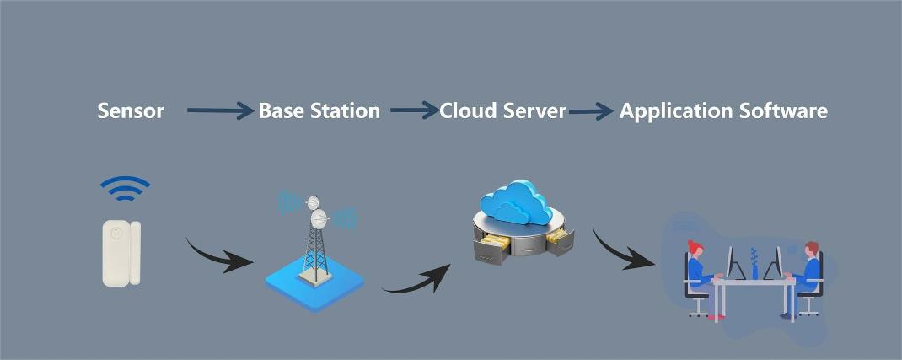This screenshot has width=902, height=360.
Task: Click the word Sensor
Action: tap(131, 110)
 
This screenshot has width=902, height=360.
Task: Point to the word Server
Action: tap(535, 110)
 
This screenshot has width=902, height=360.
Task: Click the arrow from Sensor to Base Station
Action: tap(219, 110)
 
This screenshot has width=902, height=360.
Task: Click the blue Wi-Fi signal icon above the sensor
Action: tap(125, 189)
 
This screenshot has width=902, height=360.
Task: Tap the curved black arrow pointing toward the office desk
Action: tap(622, 250)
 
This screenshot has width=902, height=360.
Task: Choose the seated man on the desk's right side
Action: tap(808, 274)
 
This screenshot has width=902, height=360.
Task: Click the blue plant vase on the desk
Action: tap(754, 268)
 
